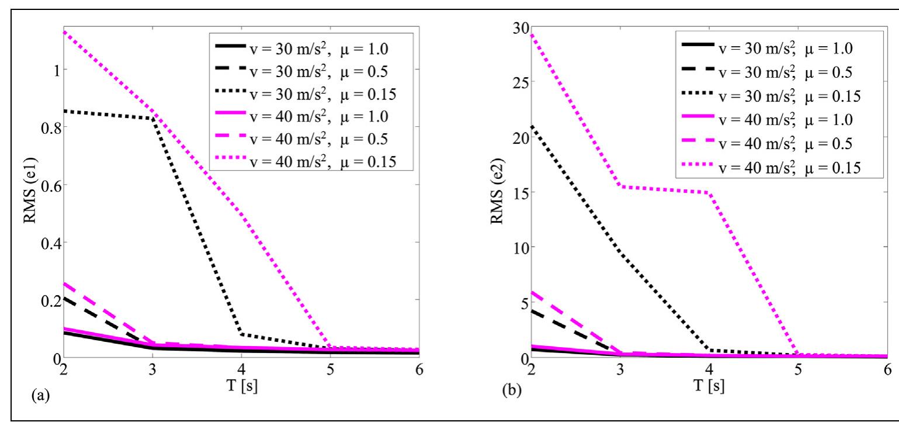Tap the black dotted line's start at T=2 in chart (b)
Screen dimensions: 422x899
[531, 126]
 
